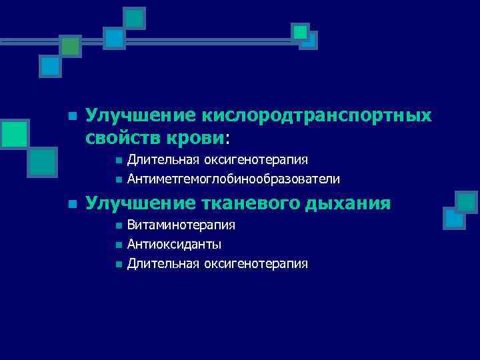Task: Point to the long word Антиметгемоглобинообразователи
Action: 233,179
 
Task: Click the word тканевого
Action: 250,203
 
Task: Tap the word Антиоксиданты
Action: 175,245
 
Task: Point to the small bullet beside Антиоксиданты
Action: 117,245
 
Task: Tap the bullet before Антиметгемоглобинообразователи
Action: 117,180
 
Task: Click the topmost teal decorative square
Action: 135,18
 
